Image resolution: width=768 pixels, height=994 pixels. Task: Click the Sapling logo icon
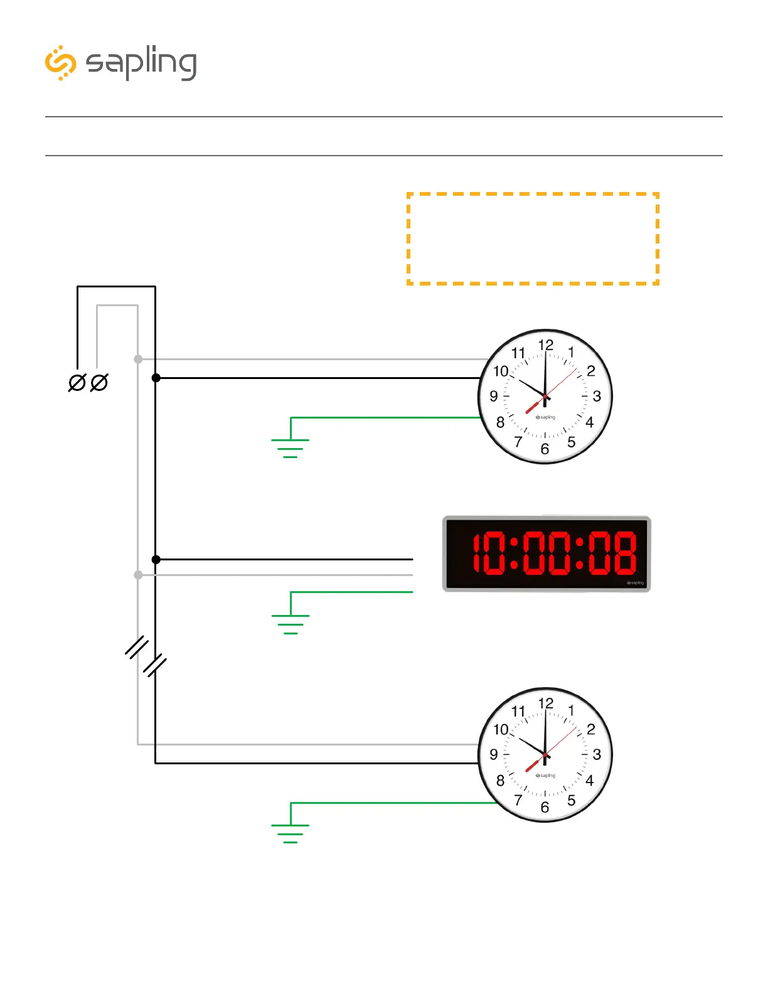[60, 63]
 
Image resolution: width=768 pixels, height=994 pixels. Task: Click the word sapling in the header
[141, 63]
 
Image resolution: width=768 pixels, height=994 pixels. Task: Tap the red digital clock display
[547, 554]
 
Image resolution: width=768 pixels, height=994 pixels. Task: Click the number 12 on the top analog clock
[546, 345]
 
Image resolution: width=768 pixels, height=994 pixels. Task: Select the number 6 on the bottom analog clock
[545, 807]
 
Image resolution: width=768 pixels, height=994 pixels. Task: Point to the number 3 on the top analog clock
[597, 396]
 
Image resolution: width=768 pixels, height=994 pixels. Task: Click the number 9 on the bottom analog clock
[494, 754]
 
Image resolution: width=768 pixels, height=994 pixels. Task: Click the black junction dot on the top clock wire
[156, 378]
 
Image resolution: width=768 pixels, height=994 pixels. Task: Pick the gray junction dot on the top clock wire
[138, 359]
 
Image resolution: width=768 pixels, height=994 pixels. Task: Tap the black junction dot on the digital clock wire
[156, 559]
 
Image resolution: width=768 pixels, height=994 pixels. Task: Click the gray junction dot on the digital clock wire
[138, 575]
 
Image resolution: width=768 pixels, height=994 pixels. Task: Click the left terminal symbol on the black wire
[77, 382]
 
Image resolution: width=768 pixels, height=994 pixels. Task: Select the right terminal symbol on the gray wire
[99, 382]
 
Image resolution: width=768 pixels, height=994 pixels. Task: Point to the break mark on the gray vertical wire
[137, 647]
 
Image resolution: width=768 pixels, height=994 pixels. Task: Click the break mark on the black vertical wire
[155, 665]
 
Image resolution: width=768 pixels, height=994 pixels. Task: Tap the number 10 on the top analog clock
[501, 371]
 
